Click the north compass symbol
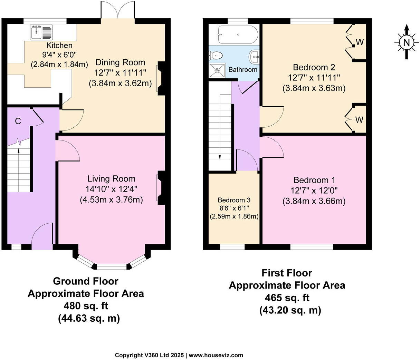(x=407, y=42)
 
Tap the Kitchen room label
(x=59, y=46)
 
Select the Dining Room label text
(x=120, y=62)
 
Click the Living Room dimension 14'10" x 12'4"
(x=111, y=189)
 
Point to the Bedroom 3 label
(x=234, y=200)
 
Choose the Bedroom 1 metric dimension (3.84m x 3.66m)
(x=314, y=201)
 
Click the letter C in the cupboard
(x=18, y=121)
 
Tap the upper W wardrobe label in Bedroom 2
(x=360, y=42)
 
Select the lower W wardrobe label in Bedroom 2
(x=359, y=120)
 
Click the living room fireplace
(x=161, y=186)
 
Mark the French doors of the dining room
(x=118, y=11)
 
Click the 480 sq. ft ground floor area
(x=85, y=306)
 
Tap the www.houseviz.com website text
(x=216, y=355)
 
